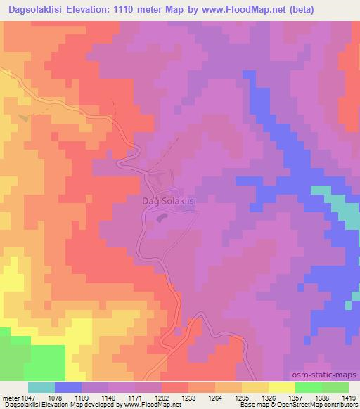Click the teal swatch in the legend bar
(41, 387)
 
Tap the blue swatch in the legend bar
(68, 387)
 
